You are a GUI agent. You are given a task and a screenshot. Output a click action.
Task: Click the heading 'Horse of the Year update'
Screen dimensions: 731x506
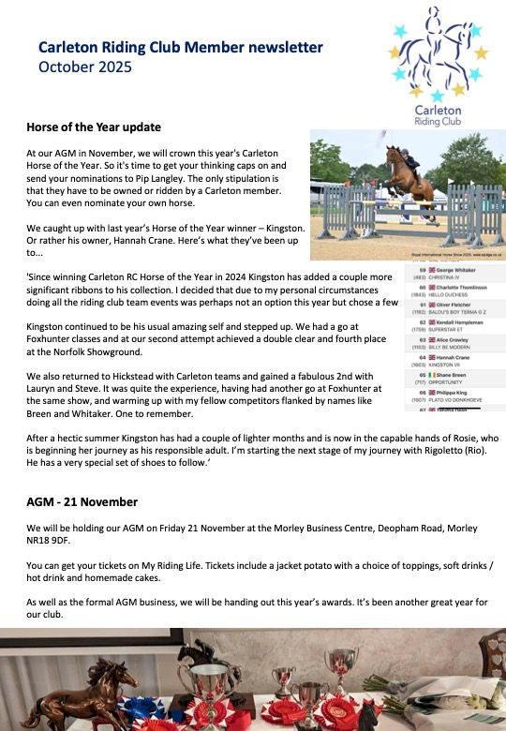[94, 127]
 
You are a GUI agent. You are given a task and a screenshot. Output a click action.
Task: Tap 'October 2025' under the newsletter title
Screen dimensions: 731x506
[85, 67]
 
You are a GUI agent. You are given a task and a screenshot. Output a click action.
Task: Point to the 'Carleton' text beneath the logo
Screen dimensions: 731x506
[439, 109]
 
